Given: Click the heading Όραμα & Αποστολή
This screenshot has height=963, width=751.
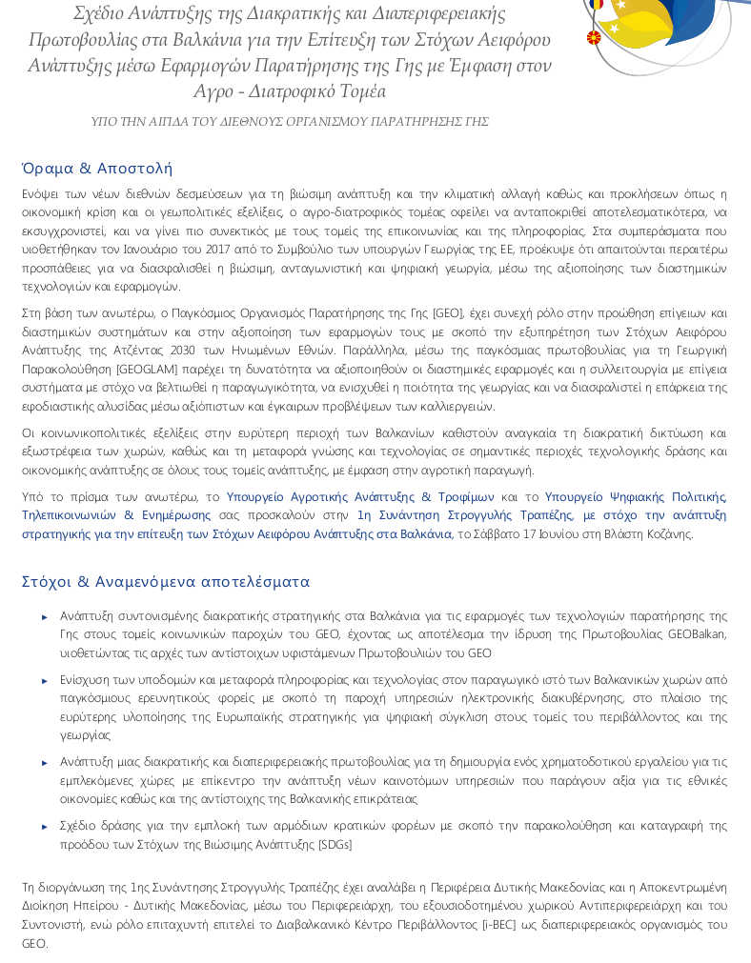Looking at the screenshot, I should tap(96, 169).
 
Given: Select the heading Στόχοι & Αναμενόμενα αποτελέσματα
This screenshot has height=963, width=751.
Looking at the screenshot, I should tap(166, 581).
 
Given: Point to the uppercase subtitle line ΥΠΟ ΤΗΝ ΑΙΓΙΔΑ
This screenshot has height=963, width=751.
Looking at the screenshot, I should tap(290, 122).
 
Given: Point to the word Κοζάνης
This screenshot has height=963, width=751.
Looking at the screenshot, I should tap(669, 533).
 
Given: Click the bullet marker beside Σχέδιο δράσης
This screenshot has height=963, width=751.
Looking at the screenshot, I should tap(45, 827).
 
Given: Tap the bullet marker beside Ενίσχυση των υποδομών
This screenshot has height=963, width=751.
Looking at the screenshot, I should tap(45, 680).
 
